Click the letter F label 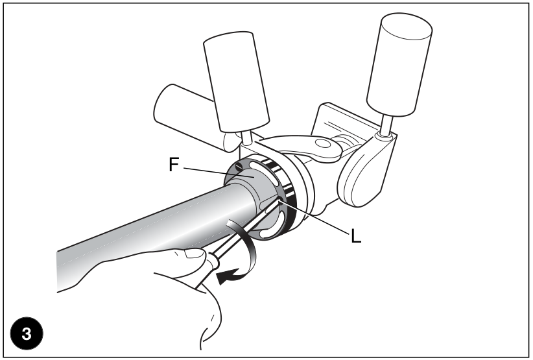point(174,165)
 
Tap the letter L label point(355,236)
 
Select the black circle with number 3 point(27,333)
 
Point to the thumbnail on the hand point(195,253)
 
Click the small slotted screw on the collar point(239,166)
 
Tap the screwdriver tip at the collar point(279,200)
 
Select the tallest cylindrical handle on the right point(399,65)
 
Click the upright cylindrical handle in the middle point(236,82)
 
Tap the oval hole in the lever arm point(322,143)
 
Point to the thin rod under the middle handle point(246,138)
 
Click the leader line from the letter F point(219,173)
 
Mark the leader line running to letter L point(314,217)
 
